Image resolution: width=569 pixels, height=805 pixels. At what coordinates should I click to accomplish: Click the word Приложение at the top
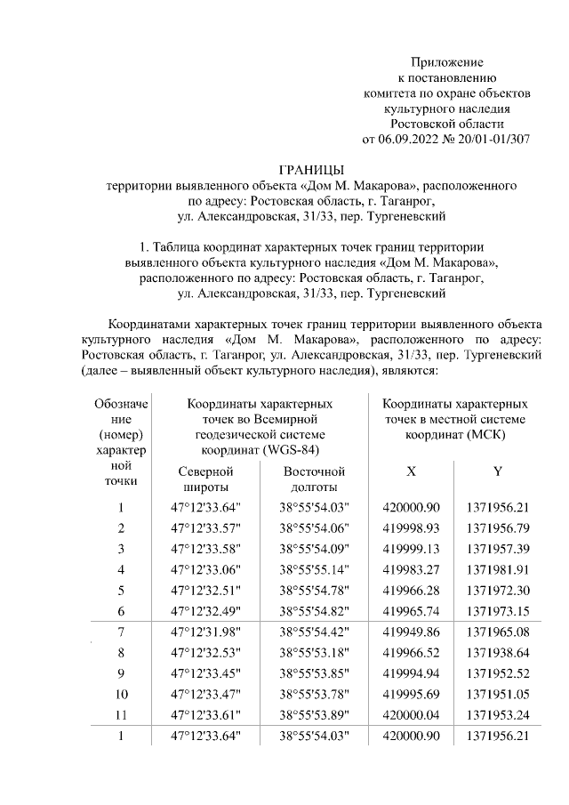pos(446,62)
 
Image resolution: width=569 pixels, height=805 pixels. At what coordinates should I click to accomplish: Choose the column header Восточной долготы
pos(314,479)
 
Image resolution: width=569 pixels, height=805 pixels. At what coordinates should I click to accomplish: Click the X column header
pos(411,471)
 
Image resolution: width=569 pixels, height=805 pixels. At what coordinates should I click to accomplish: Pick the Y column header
pos(497,471)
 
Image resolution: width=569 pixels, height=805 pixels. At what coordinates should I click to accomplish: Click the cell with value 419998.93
pos(411,528)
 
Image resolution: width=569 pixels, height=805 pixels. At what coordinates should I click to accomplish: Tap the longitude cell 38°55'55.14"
pos(314,568)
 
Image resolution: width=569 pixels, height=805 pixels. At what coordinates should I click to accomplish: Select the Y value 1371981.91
pos(498,568)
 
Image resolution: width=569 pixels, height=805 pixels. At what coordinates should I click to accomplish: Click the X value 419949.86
pos(411,631)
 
